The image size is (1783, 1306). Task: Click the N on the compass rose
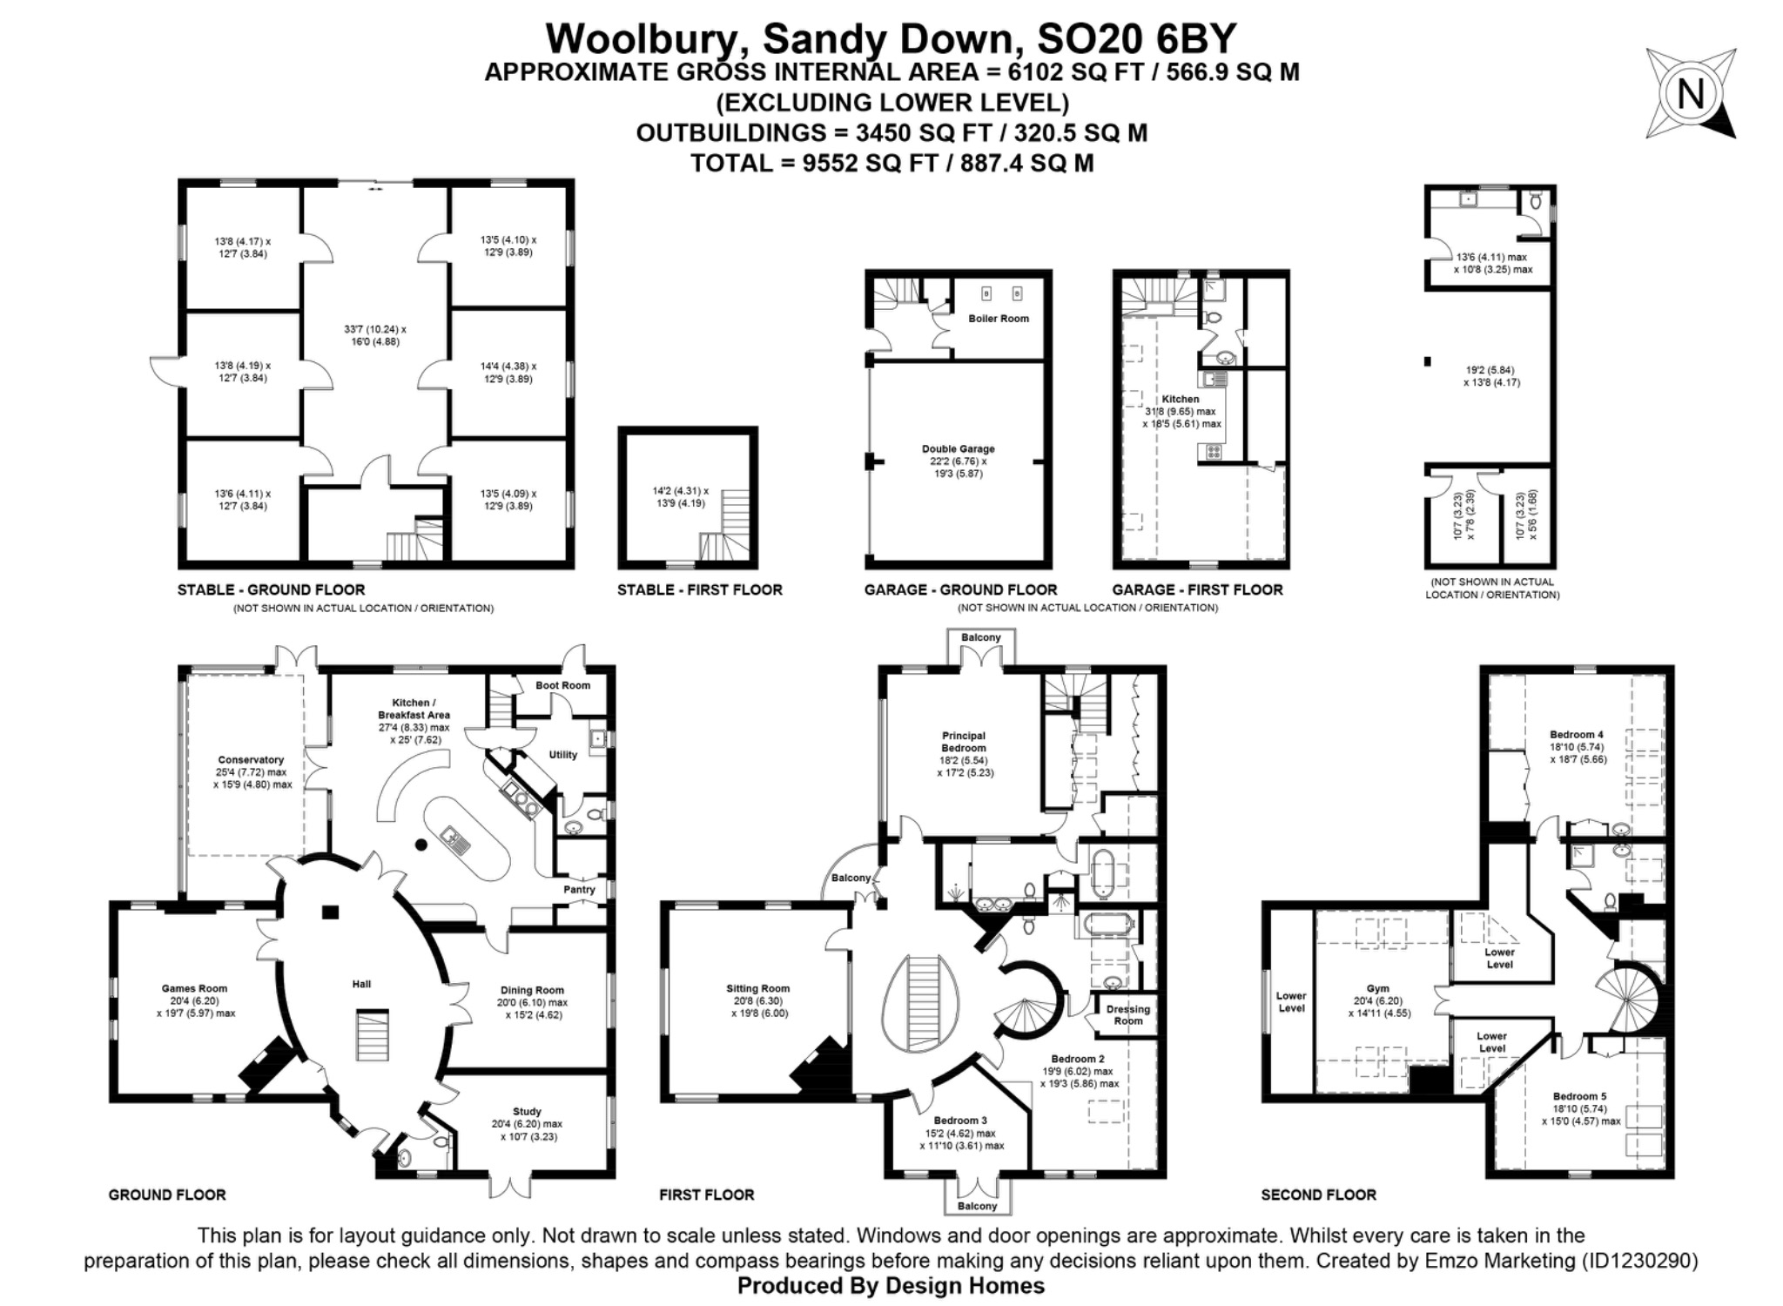(x=1690, y=94)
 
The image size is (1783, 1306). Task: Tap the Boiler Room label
(x=999, y=319)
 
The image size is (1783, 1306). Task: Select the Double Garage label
(x=958, y=449)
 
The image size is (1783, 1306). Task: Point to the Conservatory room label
(x=251, y=760)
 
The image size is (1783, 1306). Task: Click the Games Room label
(x=194, y=988)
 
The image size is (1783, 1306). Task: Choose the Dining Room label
(x=532, y=990)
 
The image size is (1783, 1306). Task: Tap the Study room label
(x=527, y=1112)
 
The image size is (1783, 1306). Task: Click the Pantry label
(x=579, y=890)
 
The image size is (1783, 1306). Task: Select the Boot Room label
(x=562, y=685)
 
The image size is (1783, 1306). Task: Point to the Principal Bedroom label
(x=964, y=742)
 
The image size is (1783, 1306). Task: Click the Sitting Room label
(x=758, y=988)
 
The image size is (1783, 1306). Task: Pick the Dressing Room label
(x=1128, y=1015)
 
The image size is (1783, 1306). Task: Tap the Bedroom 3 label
(x=960, y=1121)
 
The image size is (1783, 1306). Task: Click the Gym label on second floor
(x=1377, y=988)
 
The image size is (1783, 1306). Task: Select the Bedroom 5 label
(x=1580, y=1096)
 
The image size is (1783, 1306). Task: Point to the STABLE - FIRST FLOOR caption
(x=699, y=590)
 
